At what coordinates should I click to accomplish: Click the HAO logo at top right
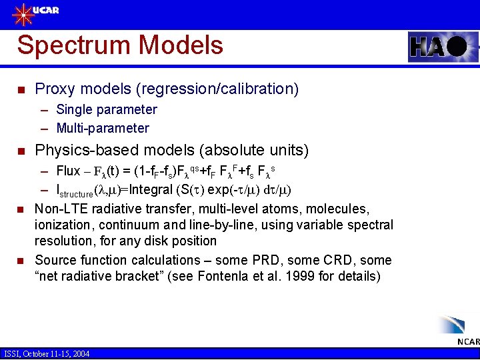point(439,47)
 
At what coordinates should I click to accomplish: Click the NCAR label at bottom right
point(468,342)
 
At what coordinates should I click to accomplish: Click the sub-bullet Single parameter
point(107,109)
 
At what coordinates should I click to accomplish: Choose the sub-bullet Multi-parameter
point(103,128)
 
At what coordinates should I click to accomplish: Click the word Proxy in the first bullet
point(53,89)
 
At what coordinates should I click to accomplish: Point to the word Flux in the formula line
point(68,171)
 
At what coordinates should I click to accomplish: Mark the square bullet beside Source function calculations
point(21,261)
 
